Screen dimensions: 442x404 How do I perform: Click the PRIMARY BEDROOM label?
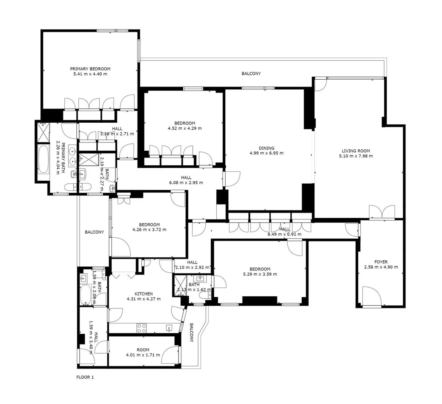click(x=90, y=68)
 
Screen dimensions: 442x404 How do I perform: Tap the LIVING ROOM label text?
click(x=356, y=151)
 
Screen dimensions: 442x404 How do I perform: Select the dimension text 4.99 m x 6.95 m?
click(x=266, y=153)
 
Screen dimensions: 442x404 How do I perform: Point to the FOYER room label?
click(x=381, y=262)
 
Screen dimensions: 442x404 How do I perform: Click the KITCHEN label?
click(x=143, y=294)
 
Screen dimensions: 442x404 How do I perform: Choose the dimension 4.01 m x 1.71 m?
click(x=143, y=355)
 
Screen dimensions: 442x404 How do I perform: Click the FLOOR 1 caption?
click(x=85, y=377)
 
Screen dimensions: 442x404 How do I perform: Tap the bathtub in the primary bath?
click(x=43, y=159)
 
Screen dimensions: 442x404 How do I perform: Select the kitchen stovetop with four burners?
click(x=142, y=328)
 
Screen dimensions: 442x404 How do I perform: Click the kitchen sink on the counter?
click(x=169, y=328)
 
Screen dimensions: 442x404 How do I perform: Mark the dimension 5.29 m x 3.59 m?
click(x=260, y=274)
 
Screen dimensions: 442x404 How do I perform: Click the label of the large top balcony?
click(x=251, y=73)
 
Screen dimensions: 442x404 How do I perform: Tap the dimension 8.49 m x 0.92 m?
click(x=284, y=234)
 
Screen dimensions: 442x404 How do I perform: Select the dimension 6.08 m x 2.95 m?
click(x=186, y=183)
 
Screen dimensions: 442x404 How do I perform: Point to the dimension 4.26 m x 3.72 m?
click(x=149, y=230)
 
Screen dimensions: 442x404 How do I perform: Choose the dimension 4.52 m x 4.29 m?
click(x=185, y=128)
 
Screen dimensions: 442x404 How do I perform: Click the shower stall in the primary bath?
click(x=43, y=132)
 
